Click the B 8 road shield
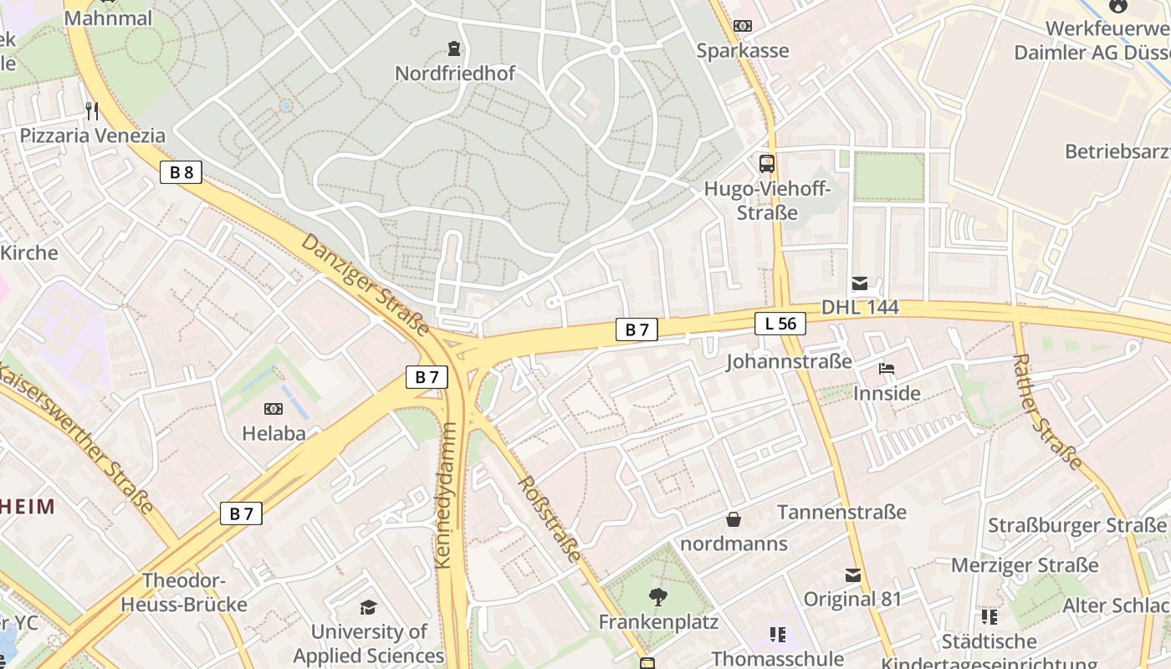tap(181, 173)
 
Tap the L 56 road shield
tap(780, 324)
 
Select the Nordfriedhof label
tap(455, 74)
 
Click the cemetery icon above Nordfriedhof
tap(454, 48)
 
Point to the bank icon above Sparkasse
tap(742, 26)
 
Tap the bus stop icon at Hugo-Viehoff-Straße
tap(766, 163)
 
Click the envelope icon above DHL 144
tap(859, 283)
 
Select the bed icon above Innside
tap(886, 369)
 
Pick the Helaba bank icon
tap(274, 409)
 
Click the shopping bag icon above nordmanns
tap(734, 519)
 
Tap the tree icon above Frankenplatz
tap(658, 597)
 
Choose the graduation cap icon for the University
tap(368, 607)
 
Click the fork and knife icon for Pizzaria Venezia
tap(92, 111)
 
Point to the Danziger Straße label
tap(365, 284)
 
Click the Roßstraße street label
tap(550, 518)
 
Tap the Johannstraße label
tap(789, 361)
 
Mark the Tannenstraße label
tap(841, 512)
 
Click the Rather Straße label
tap(1047, 411)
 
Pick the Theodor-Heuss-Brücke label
tap(184, 592)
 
